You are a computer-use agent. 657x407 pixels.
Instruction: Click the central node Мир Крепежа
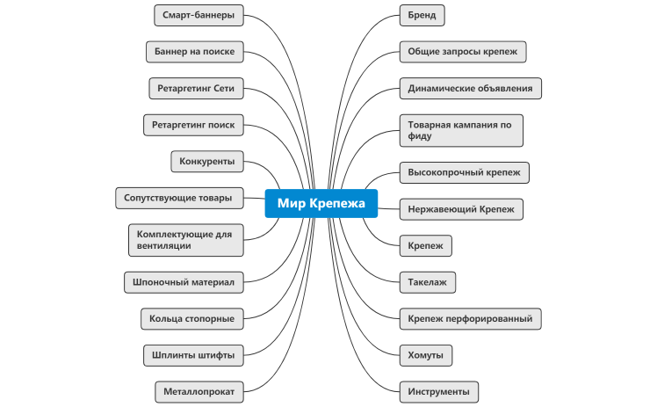coord(321,203)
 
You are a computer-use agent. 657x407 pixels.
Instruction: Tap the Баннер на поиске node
coord(193,52)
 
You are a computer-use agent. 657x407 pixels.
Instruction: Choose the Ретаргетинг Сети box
coord(196,89)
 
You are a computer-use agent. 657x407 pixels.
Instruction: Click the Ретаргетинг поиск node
coord(192,125)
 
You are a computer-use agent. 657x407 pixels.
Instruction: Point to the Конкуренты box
coord(207,162)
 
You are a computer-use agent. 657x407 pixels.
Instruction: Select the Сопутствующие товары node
coord(178,198)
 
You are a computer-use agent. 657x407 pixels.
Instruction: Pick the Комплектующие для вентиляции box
coord(185,239)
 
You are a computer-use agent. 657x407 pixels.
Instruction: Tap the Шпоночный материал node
coord(184,282)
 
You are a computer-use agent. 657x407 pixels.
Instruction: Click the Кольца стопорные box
coord(191,318)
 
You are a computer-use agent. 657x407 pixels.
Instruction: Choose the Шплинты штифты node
coord(193,355)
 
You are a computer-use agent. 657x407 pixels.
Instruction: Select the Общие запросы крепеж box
coord(462,52)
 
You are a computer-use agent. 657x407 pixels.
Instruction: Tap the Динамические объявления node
coord(471,89)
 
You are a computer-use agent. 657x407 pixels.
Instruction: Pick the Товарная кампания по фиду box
coord(461,130)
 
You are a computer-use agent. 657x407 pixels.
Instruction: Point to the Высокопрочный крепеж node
coord(464,172)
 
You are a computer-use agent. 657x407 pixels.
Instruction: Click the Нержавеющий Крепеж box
coord(461,209)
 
